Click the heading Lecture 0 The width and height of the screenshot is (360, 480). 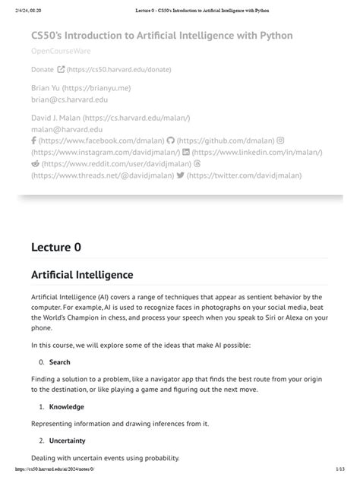pyautogui.click(x=55, y=247)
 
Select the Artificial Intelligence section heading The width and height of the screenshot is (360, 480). pyautogui.click(x=82, y=274)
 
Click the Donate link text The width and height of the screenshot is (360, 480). pyautogui.click(x=42, y=69)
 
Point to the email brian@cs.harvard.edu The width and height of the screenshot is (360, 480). pyautogui.click(x=69, y=99)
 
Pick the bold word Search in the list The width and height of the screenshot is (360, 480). pyautogui.click(x=59, y=362)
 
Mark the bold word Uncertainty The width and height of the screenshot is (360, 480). pyautogui.click(x=68, y=441)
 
